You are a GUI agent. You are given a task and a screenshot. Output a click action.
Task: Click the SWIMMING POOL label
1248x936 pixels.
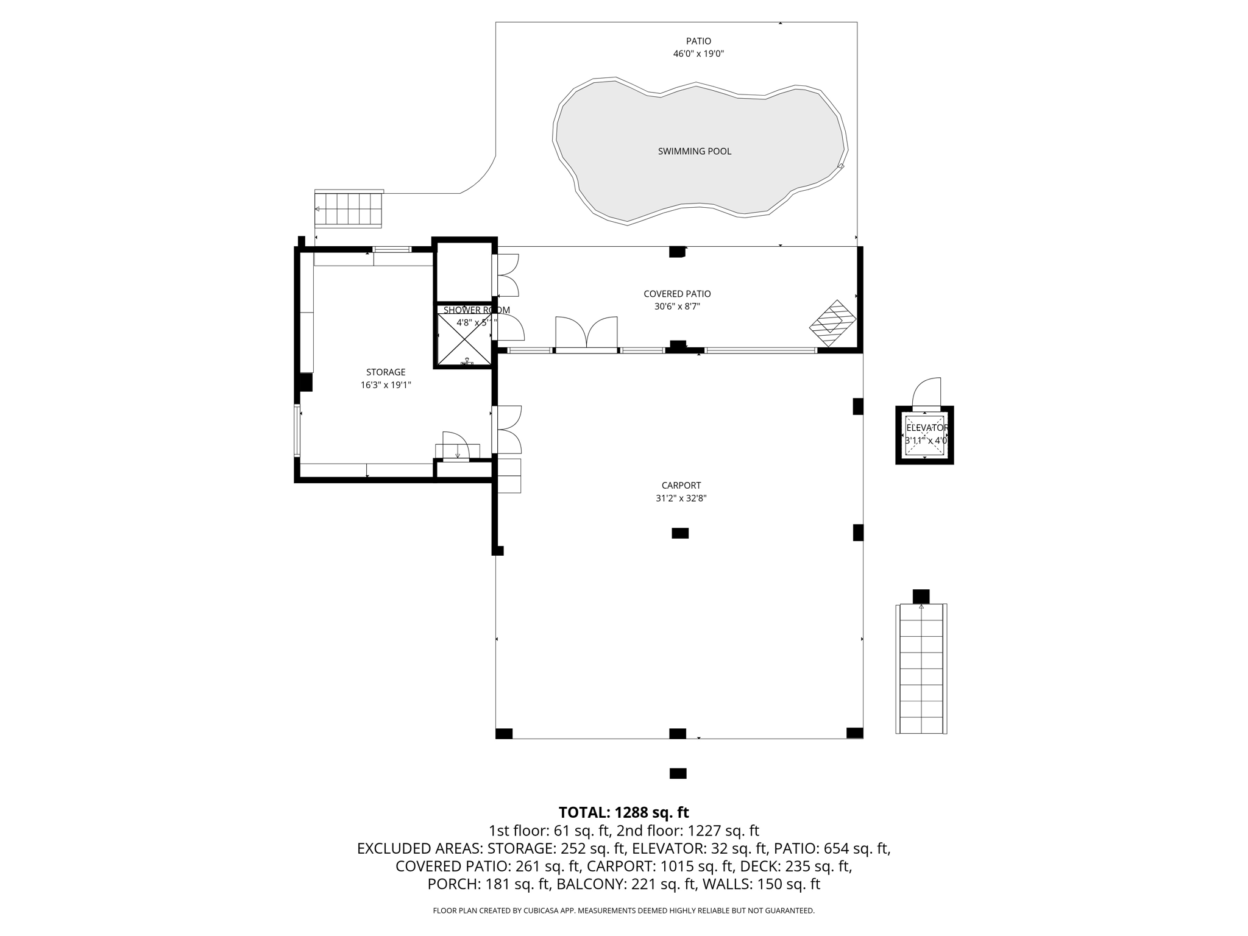pyautogui.click(x=694, y=151)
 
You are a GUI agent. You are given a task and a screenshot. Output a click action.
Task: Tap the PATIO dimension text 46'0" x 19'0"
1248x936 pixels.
pyautogui.click(x=698, y=54)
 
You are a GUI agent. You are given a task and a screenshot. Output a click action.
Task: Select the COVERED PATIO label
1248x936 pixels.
pyautogui.click(x=677, y=294)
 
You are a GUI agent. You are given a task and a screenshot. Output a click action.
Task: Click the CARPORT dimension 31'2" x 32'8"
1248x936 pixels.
pyautogui.click(x=681, y=498)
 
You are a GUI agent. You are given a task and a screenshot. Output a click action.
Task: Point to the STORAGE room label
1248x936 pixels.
pyautogui.click(x=385, y=372)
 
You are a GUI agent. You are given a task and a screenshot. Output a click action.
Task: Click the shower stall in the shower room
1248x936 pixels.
pyautogui.click(x=464, y=339)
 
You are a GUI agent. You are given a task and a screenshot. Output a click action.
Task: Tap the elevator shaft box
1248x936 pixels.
pyautogui.click(x=924, y=435)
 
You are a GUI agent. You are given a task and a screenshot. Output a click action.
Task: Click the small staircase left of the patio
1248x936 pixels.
pyautogui.click(x=349, y=209)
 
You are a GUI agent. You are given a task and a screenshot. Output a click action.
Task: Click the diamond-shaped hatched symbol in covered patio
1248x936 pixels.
pyautogui.click(x=832, y=324)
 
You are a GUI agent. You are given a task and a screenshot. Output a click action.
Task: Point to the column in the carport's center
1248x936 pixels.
pyautogui.click(x=680, y=533)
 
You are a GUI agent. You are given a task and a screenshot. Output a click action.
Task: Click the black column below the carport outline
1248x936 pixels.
pyautogui.click(x=678, y=773)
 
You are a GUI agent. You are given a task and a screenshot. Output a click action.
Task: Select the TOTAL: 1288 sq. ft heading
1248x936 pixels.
pyautogui.click(x=623, y=812)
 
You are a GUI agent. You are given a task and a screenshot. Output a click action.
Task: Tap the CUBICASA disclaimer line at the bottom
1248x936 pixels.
pyautogui.click(x=623, y=911)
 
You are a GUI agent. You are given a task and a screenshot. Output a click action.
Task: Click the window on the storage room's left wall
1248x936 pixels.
pyautogui.click(x=297, y=431)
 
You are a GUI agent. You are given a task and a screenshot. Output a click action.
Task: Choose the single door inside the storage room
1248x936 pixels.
pyautogui.click(x=455, y=444)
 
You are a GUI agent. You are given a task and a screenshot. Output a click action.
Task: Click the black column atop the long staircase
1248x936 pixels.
pyautogui.click(x=921, y=596)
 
